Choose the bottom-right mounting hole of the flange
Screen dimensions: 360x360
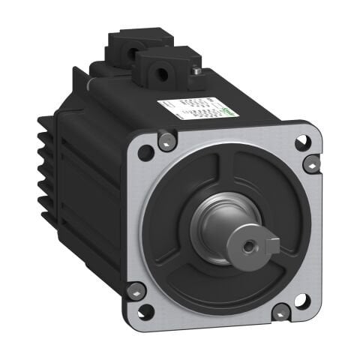coord(301,301)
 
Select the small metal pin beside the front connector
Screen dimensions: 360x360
coord(196,71)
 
